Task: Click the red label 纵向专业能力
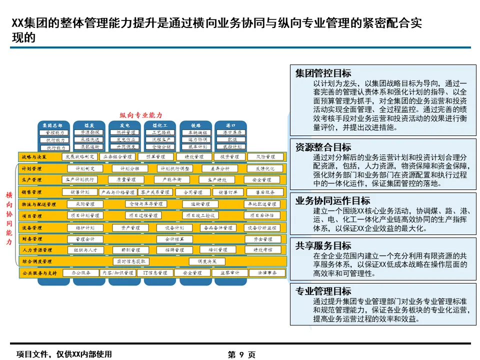coord(141,115)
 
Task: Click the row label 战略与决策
coord(34,157)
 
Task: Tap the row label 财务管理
coord(32,239)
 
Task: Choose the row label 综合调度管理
coord(37,261)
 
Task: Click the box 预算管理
coord(154,157)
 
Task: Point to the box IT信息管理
coord(155,273)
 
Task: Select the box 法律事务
coord(267,273)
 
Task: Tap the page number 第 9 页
coord(241,354)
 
